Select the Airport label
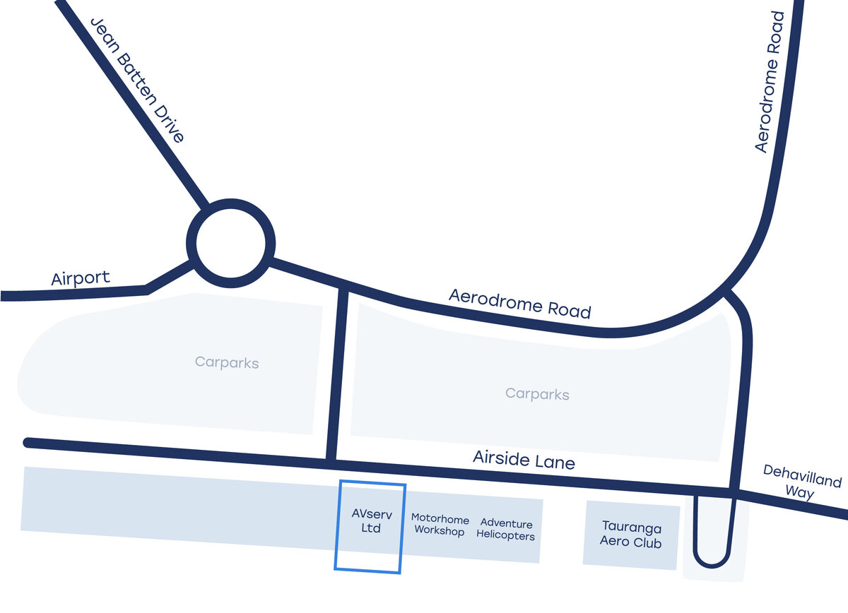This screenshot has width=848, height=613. click(x=81, y=278)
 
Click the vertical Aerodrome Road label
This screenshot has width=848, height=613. click(x=770, y=81)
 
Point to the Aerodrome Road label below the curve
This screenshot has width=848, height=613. click(x=519, y=303)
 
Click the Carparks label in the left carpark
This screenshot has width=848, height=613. click(x=227, y=363)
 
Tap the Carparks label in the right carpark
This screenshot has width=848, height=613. click(x=537, y=393)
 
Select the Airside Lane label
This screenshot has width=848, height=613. click(x=524, y=460)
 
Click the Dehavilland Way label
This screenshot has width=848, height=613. click(x=801, y=483)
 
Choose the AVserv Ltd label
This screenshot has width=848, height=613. click(x=371, y=521)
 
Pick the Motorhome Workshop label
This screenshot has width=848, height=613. click(x=440, y=525)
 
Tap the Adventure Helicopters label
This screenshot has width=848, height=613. click(x=506, y=529)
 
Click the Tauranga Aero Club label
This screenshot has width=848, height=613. click(x=631, y=535)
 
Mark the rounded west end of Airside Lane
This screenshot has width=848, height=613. click(x=28, y=443)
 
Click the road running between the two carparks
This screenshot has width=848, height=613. click(x=338, y=374)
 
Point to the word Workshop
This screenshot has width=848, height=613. click(x=440, y=531)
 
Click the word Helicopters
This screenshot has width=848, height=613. click(x=505, y=535)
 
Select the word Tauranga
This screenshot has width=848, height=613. click(x=631, y=527)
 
